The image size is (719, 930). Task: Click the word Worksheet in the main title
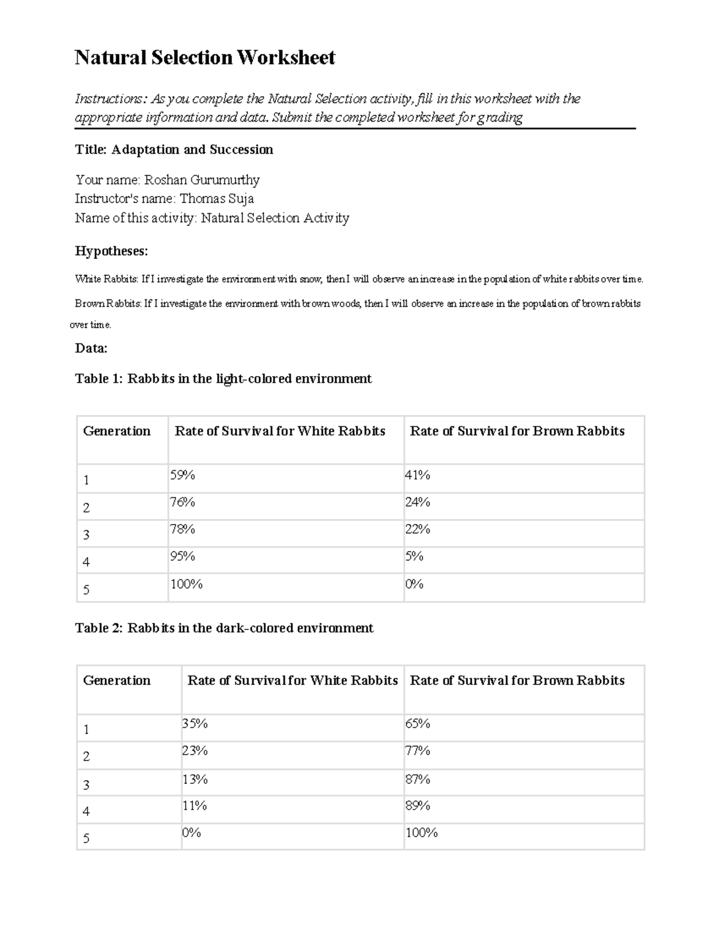click(286, 57)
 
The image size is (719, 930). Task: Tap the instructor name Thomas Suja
click(217, 198)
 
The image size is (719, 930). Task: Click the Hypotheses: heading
click(111, 251)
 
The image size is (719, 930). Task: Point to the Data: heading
click(91, 348)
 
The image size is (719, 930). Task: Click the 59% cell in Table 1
click(182, 475)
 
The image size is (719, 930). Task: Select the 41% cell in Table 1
click(418, 475)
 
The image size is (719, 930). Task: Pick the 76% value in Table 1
click(182, 502)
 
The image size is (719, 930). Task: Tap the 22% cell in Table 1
click(418, 529)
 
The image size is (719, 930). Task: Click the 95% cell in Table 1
click(182, 556)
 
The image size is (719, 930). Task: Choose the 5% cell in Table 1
click(414, 556)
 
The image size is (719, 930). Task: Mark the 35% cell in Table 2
click(195, 724)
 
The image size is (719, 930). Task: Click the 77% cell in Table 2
click(418, 751)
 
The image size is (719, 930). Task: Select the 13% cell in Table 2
click(195, 779)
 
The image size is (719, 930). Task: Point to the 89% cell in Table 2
click(418, 806)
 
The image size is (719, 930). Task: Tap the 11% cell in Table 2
click(195, 806)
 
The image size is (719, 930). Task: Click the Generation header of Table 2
click(117, 680)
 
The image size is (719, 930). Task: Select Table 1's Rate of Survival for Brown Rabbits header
click(517, 431)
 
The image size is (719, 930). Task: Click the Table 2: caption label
click(99, 628)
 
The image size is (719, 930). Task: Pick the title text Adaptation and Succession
click(192, 150)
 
